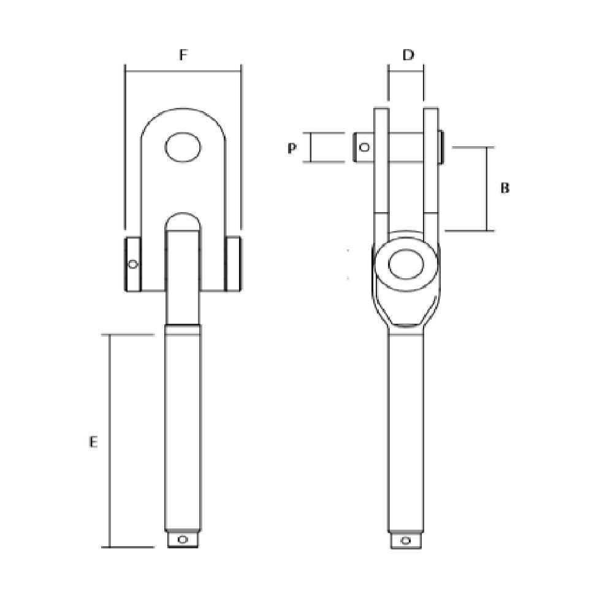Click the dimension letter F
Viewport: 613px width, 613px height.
[183, 55]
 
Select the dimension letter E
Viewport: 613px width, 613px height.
[93, 441]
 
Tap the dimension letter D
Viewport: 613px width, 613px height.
[408, 55]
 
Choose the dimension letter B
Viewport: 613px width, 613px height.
[504, 188]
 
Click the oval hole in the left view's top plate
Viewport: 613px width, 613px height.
[183, 147]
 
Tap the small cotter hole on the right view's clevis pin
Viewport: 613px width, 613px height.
[364, 148]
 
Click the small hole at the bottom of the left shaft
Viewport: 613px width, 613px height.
[181, 539]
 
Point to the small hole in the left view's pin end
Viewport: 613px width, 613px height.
[132, 264]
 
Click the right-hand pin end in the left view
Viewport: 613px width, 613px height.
[233, 264]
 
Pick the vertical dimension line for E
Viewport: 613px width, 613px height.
[109, 441]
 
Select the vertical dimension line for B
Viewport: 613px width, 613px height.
[487, 189]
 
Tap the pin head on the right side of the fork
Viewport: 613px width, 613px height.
[441, 148]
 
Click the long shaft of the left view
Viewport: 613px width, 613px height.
[183, 429]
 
